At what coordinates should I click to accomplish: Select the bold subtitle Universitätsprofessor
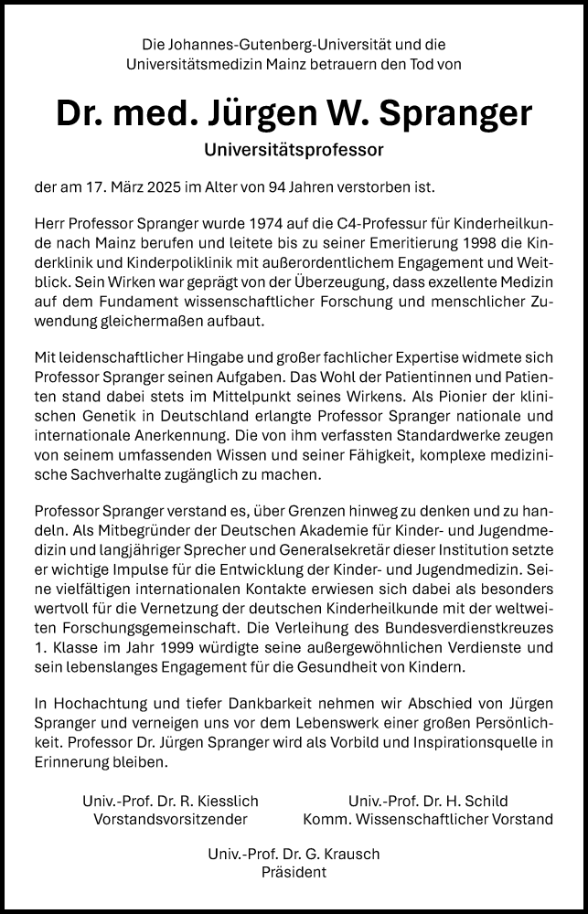(293, 147)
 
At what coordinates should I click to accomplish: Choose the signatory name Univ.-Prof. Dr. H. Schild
(428, 802)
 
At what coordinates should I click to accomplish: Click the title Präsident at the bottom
(294, 873)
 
